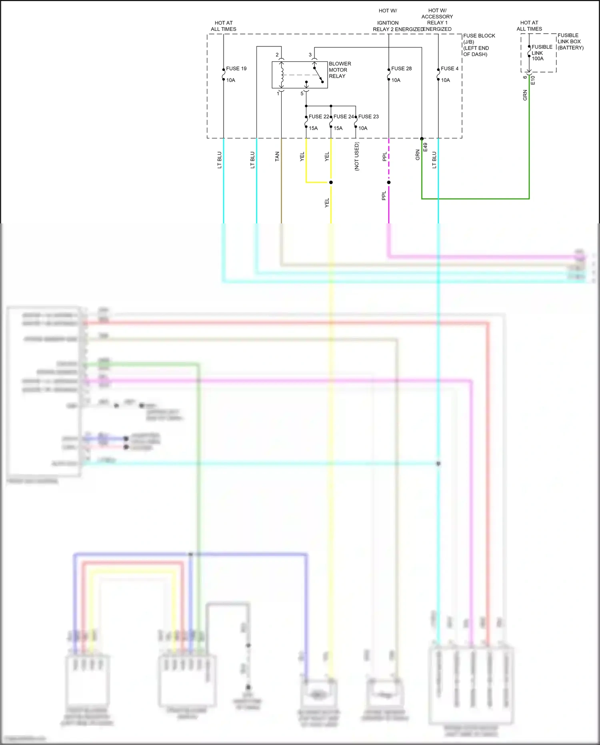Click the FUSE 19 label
pyautogui.click(x=236, y=68)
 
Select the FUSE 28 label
pyautogui.click(x=401, y=68)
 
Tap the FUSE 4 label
pyautogui.click(x=450, y=68)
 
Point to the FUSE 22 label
pyautogui.click(x=318, y=116)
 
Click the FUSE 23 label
pyautogui.click(x=368, y=116)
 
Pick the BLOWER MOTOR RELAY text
pyautogui.click(x=340, y=70)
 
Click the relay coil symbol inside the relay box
pyautogui.click(x=282, y=75)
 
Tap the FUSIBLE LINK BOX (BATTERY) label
pyautogui.click(x=570, y=41)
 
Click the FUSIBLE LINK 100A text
pyautogui.click(x=541, y=52)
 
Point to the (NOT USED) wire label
pyautogui.click(x=357, y=157)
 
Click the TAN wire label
pyautogui.click(x=277, y=157)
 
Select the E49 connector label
pyautogui.click(x=426, y=147)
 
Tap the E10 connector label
pyautogui.click(x=533, y=80)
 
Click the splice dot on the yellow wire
pyautogui.click(x=331, y=183)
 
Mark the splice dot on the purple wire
pyautogui.click(x=389, y=183)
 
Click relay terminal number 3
pyautogui.click(x=310, y=55)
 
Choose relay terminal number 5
pyautogui.click(x=302, y=94)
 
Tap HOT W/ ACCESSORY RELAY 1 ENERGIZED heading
pyautogui.click(x=437, y=20)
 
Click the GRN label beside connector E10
pyautogui.click(x=525, y=95)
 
